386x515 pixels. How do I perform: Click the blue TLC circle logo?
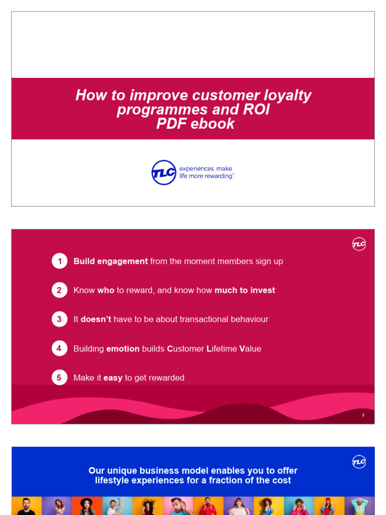click(164, 173)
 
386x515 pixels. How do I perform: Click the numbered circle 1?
click(59, 261)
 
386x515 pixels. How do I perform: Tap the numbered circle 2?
click(59, 290)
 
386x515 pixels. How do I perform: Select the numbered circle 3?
click(59, 319)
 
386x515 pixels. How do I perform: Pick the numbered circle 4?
click(59, 349)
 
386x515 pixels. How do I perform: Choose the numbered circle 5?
click(59, 378)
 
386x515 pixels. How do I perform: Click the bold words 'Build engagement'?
click(111, 262)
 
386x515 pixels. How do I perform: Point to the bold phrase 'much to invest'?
click(245, 290)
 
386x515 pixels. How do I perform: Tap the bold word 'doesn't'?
click(95, 319)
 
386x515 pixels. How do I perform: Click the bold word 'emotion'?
click(123, 349)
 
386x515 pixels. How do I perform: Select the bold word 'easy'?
click(113, 378)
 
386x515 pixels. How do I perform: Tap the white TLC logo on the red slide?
click(359, 244)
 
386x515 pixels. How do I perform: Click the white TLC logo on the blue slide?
click(359, 462)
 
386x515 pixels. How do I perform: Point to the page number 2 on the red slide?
click(363, 415)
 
